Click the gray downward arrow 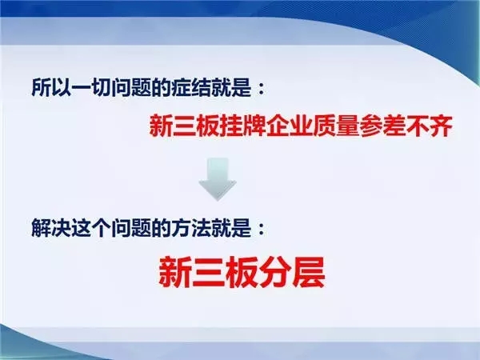tap(218, 179)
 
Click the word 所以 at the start tap(52, 89)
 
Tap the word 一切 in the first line tap(91, 89)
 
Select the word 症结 tap(192, 89)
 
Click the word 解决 tap(52, 228)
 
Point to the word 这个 tap(91, 228)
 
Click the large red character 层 tap(308, 271)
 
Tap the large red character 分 tap(275, 271)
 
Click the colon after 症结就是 tap(261, 90)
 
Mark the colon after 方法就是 tap(261, 229)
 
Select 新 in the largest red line tap(175, 271)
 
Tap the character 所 tap(42, 89)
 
